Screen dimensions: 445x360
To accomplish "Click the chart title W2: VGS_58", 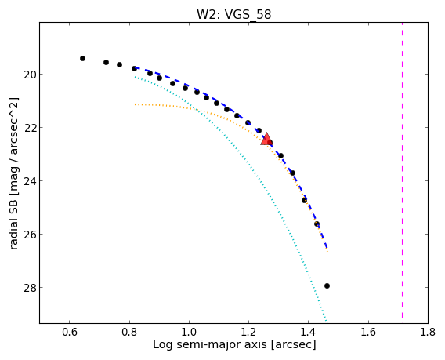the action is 233,14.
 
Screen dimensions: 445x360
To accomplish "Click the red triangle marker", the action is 266,139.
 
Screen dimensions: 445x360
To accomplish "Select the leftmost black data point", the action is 82,59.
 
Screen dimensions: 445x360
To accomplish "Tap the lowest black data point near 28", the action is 327,285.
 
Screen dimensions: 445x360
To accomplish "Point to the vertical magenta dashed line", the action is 402,170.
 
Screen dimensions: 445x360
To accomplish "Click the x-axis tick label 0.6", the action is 70,332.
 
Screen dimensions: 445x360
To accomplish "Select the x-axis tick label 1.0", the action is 189,332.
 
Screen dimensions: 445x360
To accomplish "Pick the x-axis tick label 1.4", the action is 309,332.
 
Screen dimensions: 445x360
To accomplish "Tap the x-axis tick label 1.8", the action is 428,332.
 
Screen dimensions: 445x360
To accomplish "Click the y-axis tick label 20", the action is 29,75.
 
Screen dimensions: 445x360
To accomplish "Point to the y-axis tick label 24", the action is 29,181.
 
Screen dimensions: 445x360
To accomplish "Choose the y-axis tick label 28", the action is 29,288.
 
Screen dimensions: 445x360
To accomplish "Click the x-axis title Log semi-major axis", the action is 210,344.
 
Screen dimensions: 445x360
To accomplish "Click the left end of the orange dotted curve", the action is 135,104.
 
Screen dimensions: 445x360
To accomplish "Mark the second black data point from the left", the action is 106,62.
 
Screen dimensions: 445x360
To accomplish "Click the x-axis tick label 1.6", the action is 368,332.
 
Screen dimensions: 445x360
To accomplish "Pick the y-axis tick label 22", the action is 29,128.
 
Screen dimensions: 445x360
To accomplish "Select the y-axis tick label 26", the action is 29,235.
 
